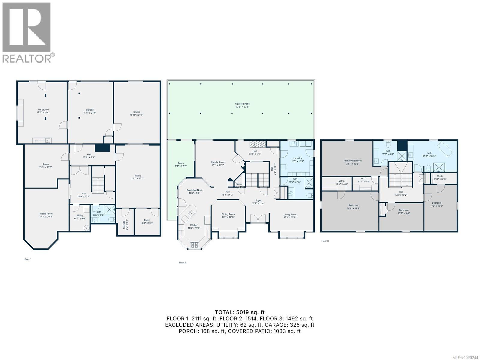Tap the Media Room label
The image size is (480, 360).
[46, 215]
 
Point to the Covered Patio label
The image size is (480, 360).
[242, 105]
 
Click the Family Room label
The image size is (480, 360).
[218, 163]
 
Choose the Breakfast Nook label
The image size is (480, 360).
[195, 191]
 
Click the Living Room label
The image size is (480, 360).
[290, 216]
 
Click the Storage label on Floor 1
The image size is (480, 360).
[125, 225]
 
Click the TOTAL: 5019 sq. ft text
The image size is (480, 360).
[240, 312]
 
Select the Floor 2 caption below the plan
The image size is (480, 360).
[182, 262]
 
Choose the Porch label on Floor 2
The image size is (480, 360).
[181, 165]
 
